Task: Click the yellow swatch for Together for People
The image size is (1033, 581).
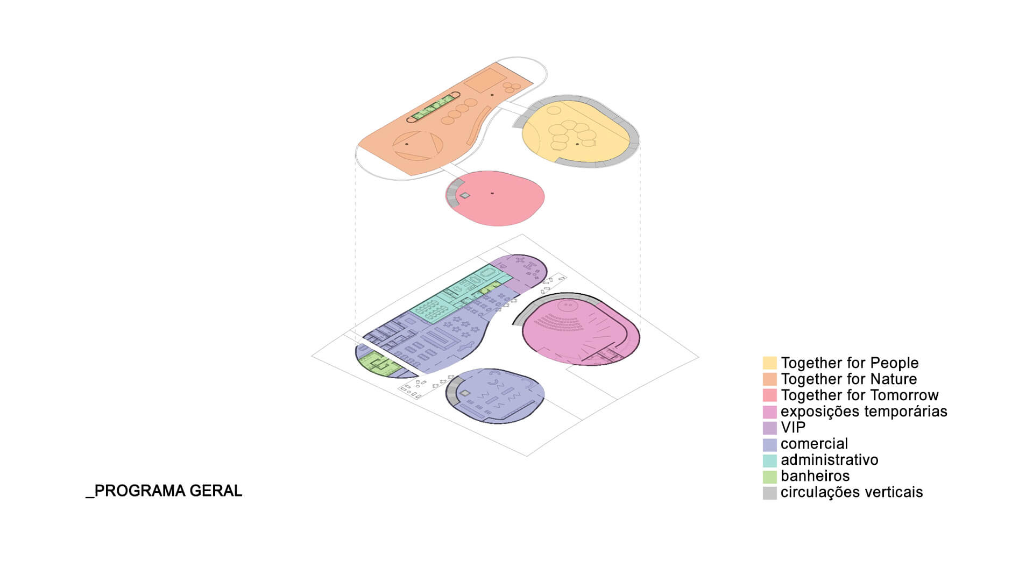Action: (769, 363)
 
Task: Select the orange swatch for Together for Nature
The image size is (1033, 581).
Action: (769, 379)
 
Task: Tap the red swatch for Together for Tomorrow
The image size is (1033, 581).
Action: (769, 395)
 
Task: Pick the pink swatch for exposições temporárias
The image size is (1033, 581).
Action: (769, 412)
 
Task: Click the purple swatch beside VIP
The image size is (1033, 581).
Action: (769, 428)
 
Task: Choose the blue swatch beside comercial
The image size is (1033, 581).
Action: (769, 444)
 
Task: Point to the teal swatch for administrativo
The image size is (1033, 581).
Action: (769, 460)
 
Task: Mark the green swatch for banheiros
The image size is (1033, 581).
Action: (769, 477)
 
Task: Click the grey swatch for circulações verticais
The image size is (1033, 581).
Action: (769, 493)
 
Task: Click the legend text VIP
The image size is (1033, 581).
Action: (794, 428)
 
